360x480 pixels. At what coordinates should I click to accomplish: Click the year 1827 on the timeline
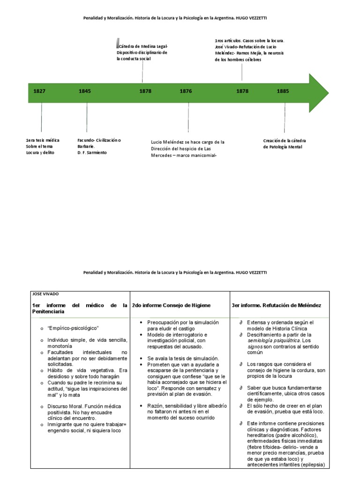pyautogui.click(x=39, y=91)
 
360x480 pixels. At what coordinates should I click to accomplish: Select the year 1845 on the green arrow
pyautogui.click(x=85, y=91)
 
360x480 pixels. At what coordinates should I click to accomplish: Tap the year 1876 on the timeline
pyautogui.click(x=186, y=91)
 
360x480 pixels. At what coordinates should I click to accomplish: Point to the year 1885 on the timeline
pyautogui.click(x=283, y=91)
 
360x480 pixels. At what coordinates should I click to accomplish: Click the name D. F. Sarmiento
pyautogui.click(x=92, y=153)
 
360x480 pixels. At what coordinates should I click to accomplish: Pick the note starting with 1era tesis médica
pyautogui.click(x=43, y=146)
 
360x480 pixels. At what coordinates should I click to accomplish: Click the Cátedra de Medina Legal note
pyautogui.click(x=142, y=53)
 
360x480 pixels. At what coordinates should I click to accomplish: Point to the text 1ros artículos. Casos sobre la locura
pyautogui.click(x=249, y=41)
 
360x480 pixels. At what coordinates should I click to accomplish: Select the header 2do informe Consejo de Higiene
pyautogui.click(x=171, y=305)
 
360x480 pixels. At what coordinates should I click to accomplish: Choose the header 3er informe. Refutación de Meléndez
pyautogui.click(x=276, y=305)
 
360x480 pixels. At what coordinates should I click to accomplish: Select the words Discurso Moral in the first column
pyautogui.click(x=64, y=406)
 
